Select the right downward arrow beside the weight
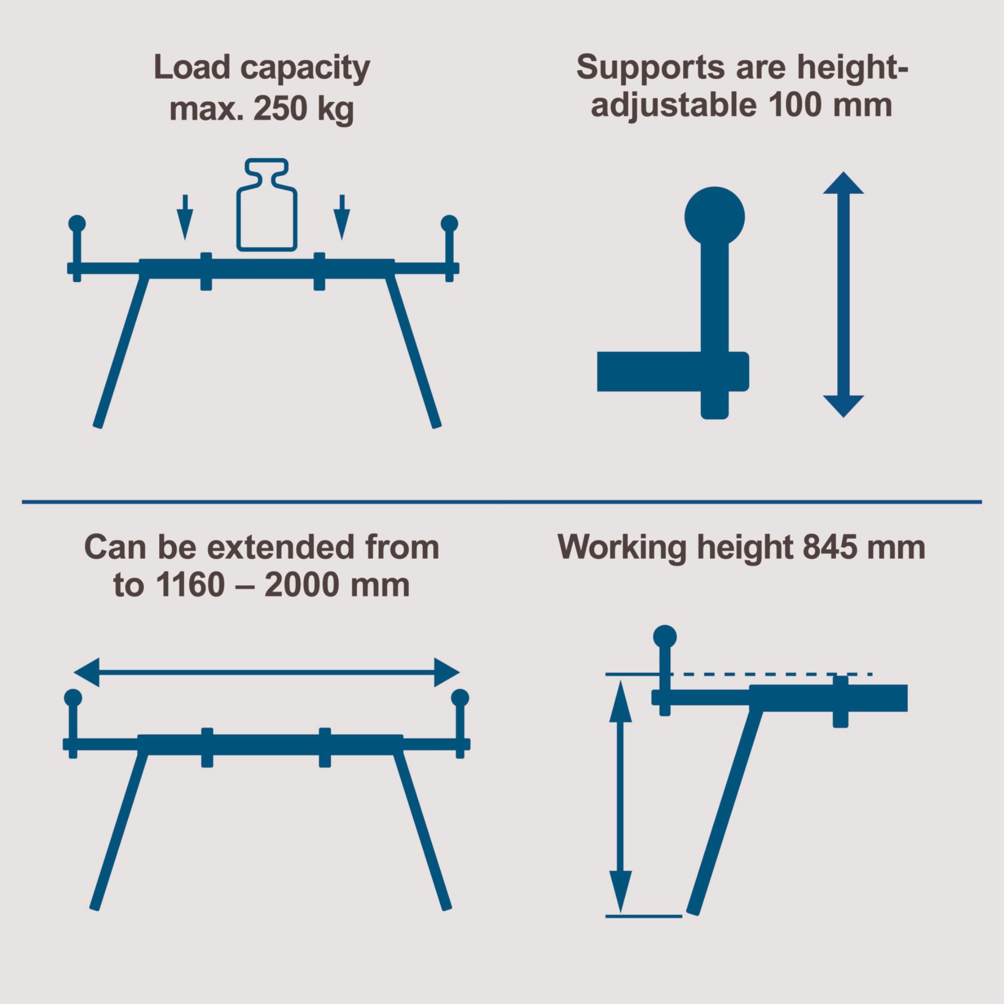pyautogui.click(x=341, y=217)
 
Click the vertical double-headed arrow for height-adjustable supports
pyautogui.click(x=843, y=295)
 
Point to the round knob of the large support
pyautogui.click(x=714, y=217)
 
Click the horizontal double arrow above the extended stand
pyautogui.click(x=267, y=672)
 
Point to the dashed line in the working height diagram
pyautogui.click(x=769, y=674)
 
